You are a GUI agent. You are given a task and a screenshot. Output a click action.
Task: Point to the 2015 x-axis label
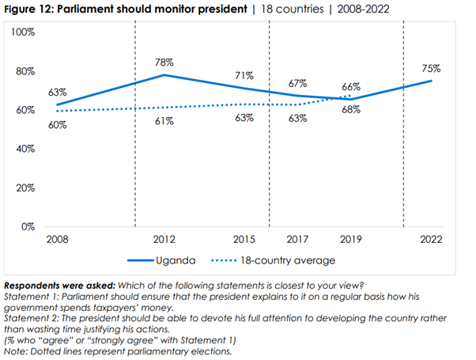click(x=244, y=238)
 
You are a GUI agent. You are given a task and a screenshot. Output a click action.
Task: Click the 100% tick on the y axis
click(x=22, y=32)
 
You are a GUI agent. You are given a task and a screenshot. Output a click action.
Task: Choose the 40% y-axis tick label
click(x=25, y=149)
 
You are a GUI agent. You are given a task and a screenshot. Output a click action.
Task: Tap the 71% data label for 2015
click(x=244, y=75)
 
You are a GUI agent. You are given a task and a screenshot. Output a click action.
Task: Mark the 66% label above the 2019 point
click(x=350, y=86)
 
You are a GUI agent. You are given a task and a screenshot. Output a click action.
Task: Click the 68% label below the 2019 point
click(x=350, y=110)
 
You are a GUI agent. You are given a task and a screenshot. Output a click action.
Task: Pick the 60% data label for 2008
click(x=57, y=125)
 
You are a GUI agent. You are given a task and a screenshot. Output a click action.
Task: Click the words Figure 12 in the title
click(x=31, y=9)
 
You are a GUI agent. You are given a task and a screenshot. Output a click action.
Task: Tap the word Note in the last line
click(x=15, y=351)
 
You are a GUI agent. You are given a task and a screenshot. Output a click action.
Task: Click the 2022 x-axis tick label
click(x=432, y=238)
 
